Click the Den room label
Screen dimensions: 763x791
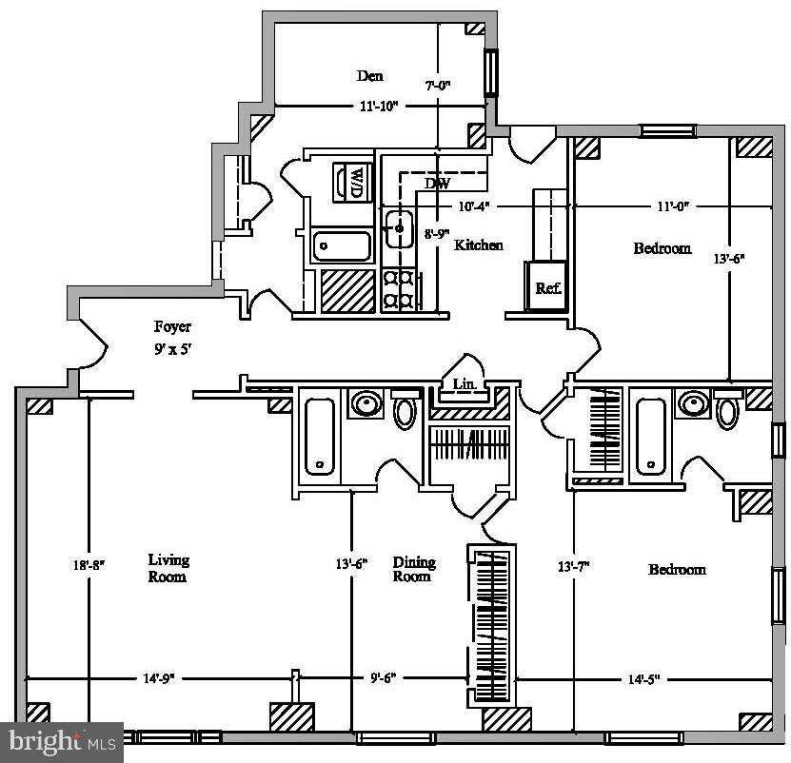click(370, 76)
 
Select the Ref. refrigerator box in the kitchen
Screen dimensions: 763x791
click(548, 288)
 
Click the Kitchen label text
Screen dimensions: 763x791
click(478, 245)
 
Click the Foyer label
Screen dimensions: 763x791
click(173, 327)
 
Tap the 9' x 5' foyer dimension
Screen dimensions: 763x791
click(173, 349)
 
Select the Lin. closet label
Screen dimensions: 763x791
click(464, 383)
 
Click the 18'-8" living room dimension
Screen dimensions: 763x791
click(88, 564)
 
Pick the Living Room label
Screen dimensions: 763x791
click(168, 568)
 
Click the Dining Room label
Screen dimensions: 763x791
click(412, 569)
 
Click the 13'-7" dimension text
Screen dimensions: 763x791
click(574, 566)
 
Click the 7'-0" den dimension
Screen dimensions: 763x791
click(437, 85)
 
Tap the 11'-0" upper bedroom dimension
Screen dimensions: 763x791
click(673, 205)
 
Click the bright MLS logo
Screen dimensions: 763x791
click(61, 740)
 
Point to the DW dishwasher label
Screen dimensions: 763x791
click(437, 184)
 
